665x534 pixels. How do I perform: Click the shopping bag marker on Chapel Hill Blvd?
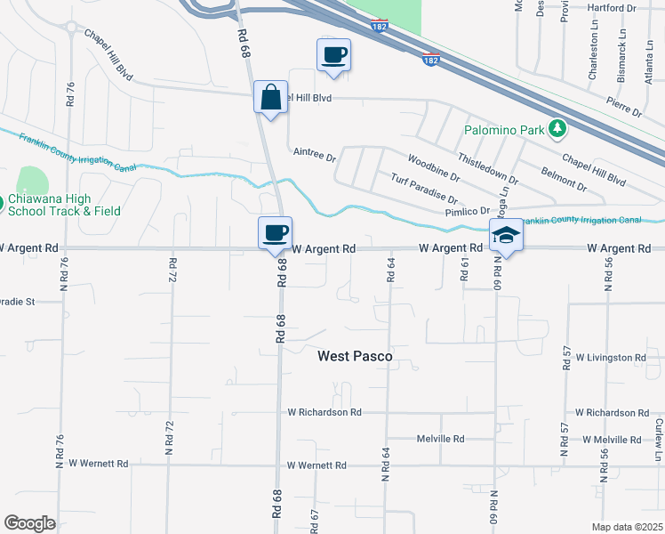pos(271,97)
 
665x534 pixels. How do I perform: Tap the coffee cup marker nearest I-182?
pos(334,55)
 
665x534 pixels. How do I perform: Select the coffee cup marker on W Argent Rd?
pos(275,232)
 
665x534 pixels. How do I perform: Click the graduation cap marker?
pos(507,236)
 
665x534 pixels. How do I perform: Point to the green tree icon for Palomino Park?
pos(557,130)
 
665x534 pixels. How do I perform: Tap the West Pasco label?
pos(355,356)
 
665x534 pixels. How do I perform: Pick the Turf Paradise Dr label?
pos(424,189)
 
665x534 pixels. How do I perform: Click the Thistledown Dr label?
pos(488,167)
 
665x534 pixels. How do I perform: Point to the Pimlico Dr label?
pos(468,211)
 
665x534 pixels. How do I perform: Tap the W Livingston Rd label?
pos(611,358)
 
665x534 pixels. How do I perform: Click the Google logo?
pos(29,523)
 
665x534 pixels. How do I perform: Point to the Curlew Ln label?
pos(658,434)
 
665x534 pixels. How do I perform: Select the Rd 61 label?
pos(464,268)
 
